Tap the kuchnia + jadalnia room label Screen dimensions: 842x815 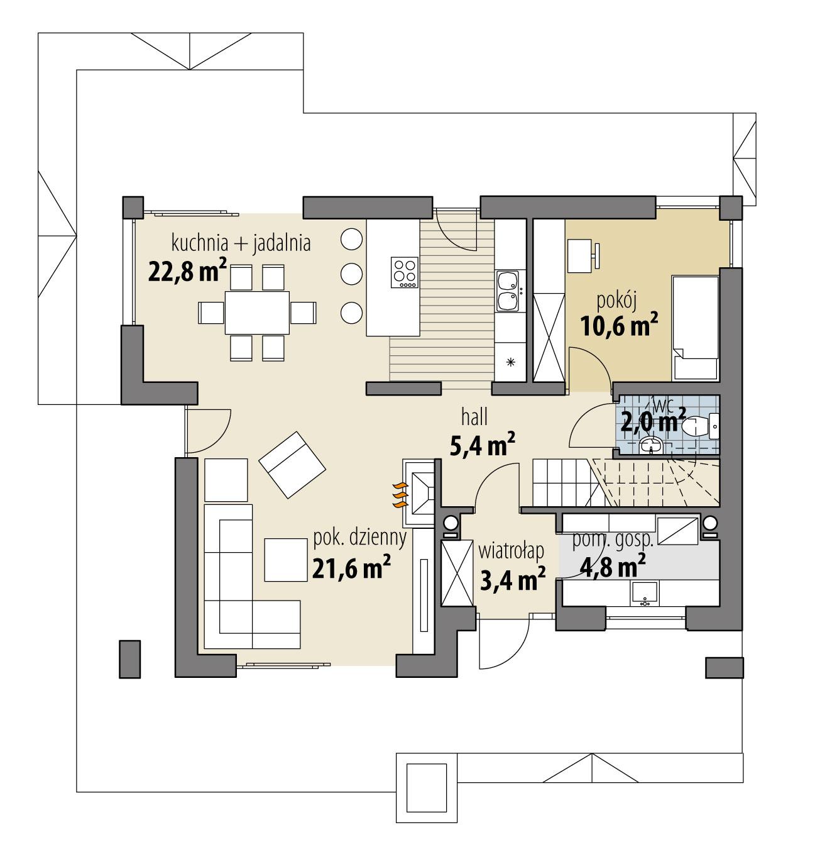[x=241, y=243]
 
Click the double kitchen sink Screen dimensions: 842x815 [x=507, y=291]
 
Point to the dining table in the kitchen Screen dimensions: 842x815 [x=257, y=312]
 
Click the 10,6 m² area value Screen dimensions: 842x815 [x=618, y=327]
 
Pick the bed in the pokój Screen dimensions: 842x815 [x=695, y=327]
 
